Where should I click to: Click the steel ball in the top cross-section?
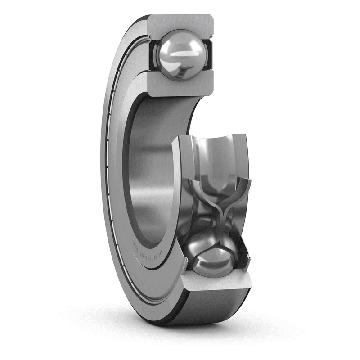(180, 54)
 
